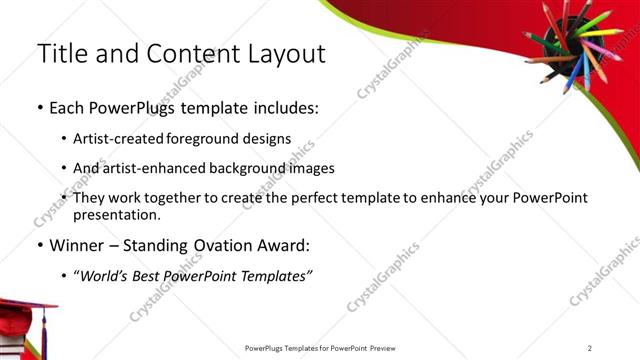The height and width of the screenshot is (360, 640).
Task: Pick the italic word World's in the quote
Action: [x=108, y=276]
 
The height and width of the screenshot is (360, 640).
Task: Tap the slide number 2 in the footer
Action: [x=590, y=348]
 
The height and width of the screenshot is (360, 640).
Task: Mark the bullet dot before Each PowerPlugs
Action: [x=39, y=108]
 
